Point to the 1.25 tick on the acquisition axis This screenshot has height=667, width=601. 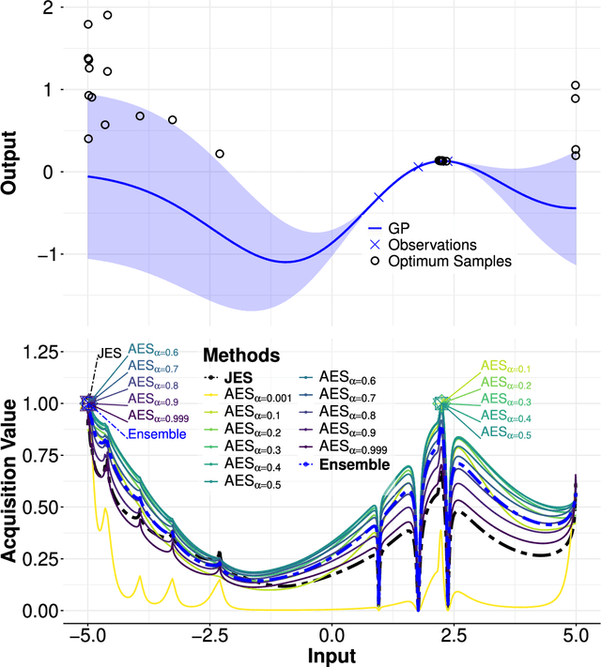pos(43,352)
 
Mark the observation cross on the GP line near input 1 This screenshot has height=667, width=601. pos(379,197)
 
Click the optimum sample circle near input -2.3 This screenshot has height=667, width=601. pos(220,154)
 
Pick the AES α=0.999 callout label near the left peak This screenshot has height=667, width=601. pos(159,417)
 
